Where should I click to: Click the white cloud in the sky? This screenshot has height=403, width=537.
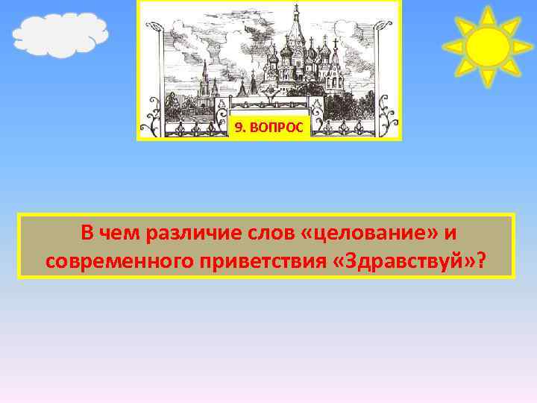60,34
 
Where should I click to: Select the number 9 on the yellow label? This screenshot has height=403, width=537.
238,128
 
